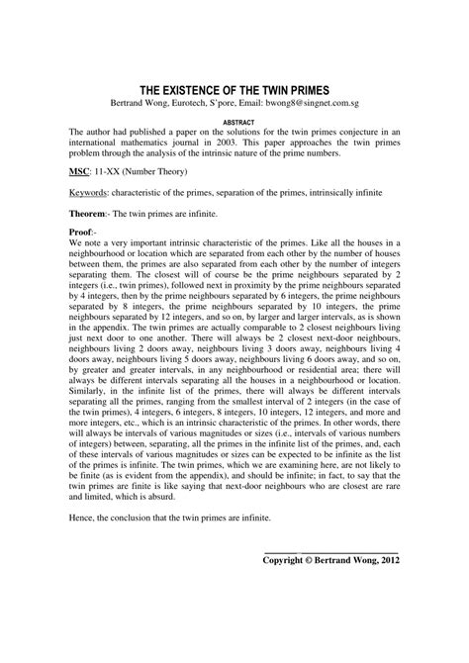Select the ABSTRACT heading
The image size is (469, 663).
(x=234, y=122)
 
